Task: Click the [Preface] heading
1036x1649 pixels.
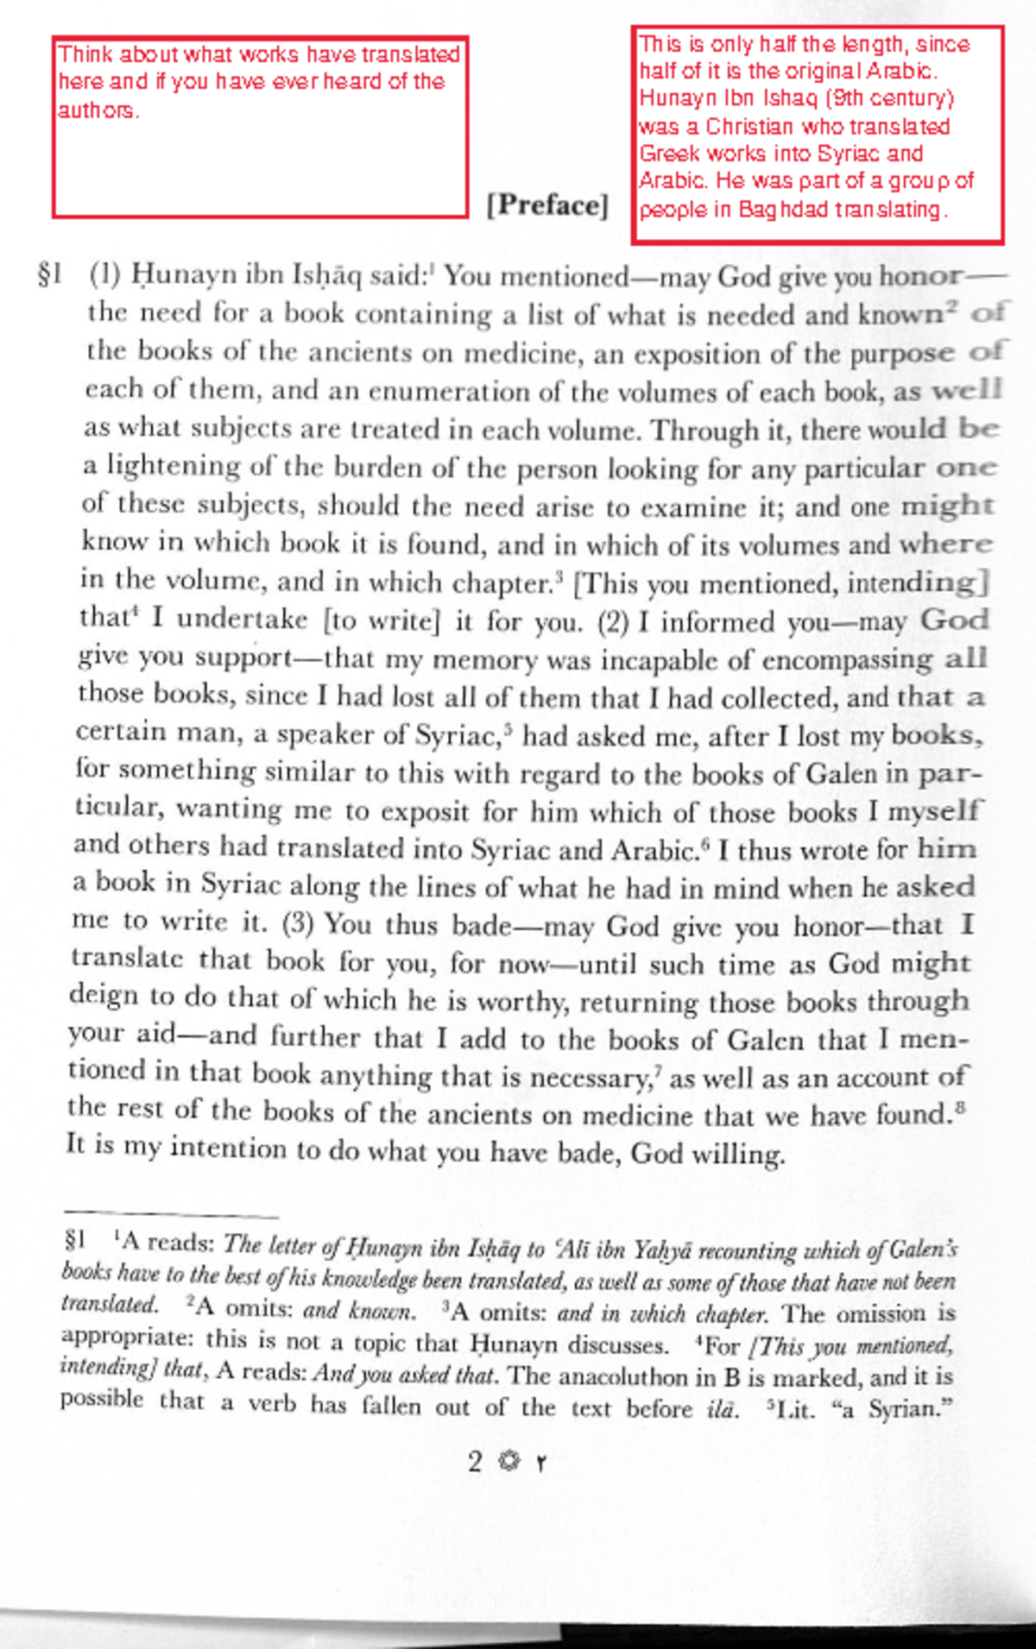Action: point(547,205)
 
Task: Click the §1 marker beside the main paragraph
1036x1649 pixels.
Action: point(50,275)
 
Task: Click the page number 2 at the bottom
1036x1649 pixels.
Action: point(475,1462)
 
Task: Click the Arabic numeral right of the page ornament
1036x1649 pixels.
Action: point(541,1463)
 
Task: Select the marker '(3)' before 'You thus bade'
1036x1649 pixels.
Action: point(298,924)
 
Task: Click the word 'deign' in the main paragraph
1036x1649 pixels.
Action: point(104,997)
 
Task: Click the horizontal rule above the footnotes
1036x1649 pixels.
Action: point(170,1216)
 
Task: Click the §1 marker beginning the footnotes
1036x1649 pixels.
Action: point(76,1242)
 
